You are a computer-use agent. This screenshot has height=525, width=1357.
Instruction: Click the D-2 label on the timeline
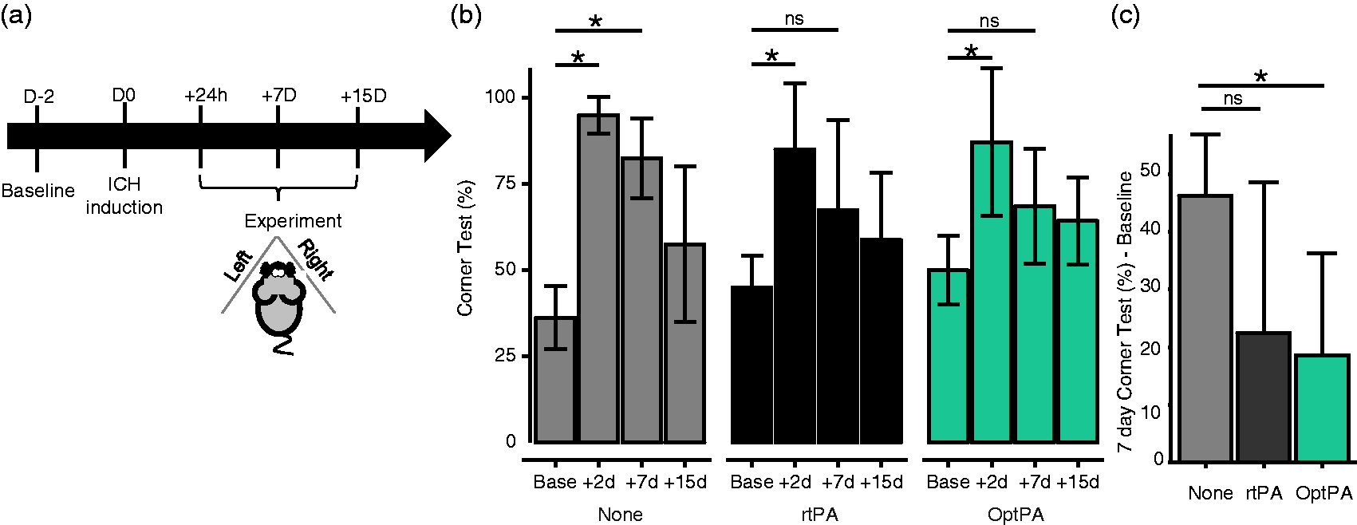coord(39,96)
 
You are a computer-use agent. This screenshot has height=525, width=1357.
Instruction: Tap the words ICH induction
coord(124,195)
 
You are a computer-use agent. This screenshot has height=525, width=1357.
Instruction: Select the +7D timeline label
coord(278,96)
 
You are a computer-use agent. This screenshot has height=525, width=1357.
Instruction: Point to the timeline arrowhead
coord(437,136)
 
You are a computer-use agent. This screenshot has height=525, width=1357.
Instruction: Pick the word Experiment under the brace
coord(293,221)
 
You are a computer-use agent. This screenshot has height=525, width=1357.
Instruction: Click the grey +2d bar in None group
coord(598,278)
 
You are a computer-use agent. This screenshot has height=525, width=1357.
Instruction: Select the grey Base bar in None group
coord(555,380)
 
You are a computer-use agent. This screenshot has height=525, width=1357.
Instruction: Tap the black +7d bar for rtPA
coord(838,326)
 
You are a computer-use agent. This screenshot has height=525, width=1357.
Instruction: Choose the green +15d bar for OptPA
coord(1078,331)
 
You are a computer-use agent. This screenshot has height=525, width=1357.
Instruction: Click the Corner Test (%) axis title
coord(465,249)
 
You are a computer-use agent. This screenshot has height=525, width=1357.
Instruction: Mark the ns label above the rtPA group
coord(795,19)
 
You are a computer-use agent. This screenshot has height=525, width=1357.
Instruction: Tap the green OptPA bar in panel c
coord(1323,408)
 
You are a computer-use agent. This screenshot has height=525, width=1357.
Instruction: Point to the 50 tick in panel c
coord(1152,170)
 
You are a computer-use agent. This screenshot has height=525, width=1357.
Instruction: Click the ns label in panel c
coord(1233,98)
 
